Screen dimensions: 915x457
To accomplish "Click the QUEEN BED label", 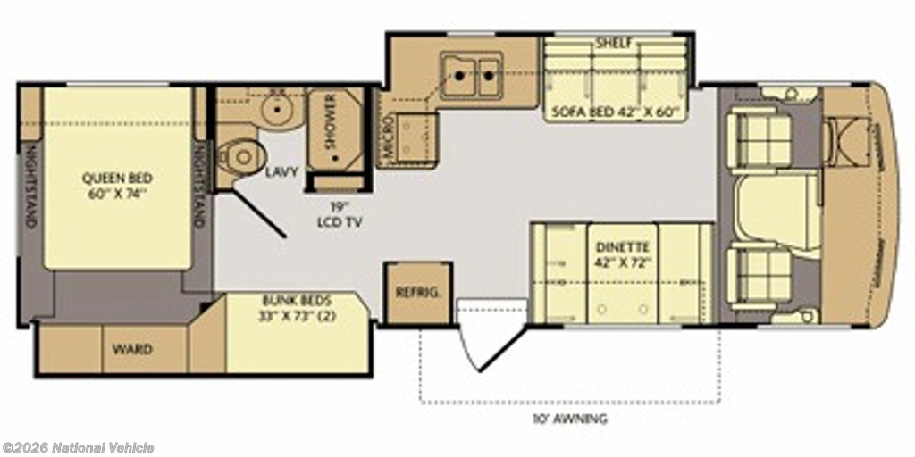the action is point(117,179).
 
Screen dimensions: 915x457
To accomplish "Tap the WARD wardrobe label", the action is point(132,349).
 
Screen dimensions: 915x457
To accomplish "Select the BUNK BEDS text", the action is point(297,302).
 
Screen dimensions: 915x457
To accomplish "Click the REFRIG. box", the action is point(418,292).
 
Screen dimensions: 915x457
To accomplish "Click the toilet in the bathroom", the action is point(241,156).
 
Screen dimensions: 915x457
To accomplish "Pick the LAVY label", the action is point(281,172).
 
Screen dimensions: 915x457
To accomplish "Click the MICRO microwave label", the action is point(390,137).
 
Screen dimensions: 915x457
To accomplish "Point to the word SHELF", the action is point(615,43).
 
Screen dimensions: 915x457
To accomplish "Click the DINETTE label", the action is point(623,246).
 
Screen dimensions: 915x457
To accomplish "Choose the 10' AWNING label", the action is point(569,418).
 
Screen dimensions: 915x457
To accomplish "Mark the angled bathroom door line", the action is point(258,212).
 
